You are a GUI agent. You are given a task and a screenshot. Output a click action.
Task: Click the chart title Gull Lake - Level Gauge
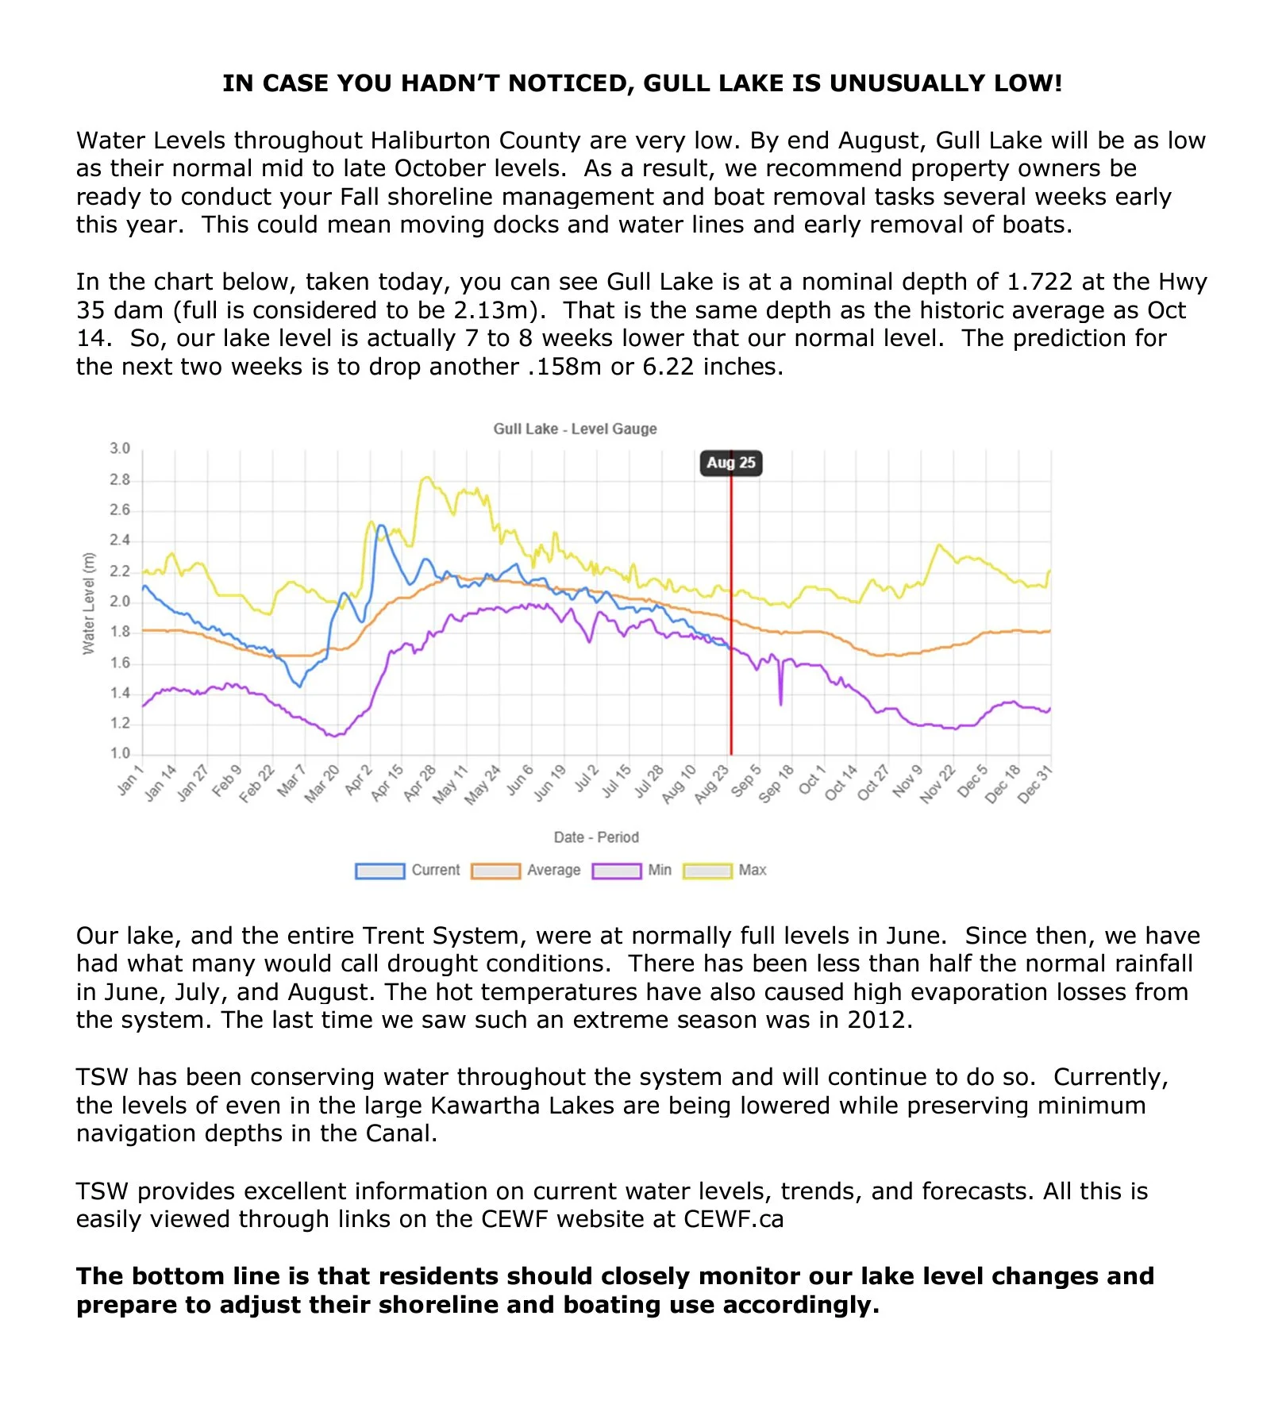[x=575, y=429]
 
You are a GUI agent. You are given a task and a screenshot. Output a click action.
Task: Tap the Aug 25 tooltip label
[x=730, y=463]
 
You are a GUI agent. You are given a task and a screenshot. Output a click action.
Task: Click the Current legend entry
[x=408, y=870]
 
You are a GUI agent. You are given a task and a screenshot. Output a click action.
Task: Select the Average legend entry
[x=526, y=870]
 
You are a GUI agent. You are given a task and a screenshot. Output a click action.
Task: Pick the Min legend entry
[x=632, y=870]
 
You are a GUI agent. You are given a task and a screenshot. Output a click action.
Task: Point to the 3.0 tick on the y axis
[x=120, y=448]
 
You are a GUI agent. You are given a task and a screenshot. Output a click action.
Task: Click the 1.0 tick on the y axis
[x=120, y=753]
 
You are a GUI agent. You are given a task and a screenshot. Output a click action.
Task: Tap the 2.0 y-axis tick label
[x=120, y=601]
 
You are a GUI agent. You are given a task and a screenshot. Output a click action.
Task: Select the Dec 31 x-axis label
[x=1034, y=783]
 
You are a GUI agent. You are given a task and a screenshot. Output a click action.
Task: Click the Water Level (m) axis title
[x=88, y=603]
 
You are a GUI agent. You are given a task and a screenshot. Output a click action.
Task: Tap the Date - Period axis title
[x=595, y=837]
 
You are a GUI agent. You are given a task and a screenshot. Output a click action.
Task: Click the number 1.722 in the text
[x=1039, y=282]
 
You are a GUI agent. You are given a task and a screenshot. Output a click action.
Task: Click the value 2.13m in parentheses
[x=495, y=310]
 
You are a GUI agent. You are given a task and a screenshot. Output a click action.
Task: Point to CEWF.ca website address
[x=733, y=1219]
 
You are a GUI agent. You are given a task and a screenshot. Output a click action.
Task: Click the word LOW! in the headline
[x=1025, y=83]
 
